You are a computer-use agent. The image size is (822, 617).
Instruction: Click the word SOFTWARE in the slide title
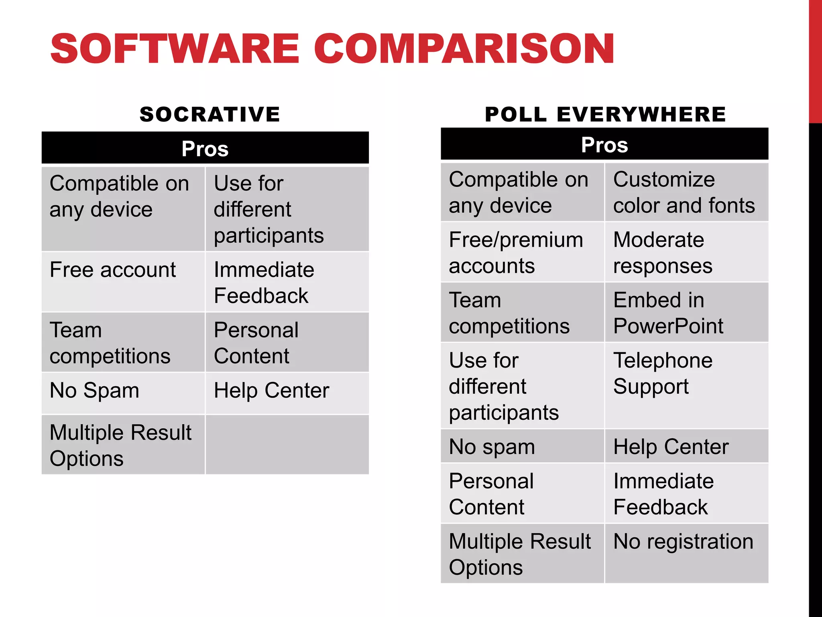175,49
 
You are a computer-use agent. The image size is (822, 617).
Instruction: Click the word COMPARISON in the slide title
464,49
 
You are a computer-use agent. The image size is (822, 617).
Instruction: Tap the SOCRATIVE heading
210,114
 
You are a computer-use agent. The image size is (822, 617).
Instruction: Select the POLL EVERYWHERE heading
605,114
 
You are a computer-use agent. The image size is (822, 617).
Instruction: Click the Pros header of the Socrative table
205,148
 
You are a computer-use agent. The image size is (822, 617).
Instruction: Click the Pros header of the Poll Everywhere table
604,145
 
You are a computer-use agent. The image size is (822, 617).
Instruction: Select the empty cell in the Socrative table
287,445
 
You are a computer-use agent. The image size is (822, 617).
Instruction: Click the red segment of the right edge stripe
815,60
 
